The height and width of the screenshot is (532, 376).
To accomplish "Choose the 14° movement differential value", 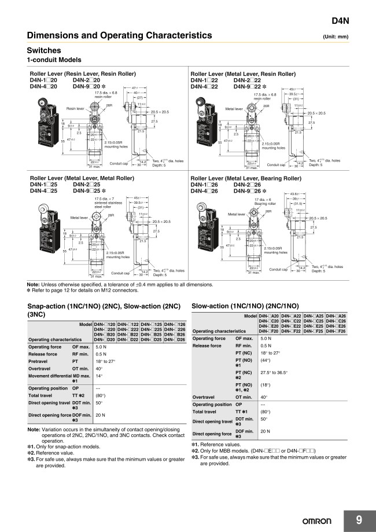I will [x=99, y=376].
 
